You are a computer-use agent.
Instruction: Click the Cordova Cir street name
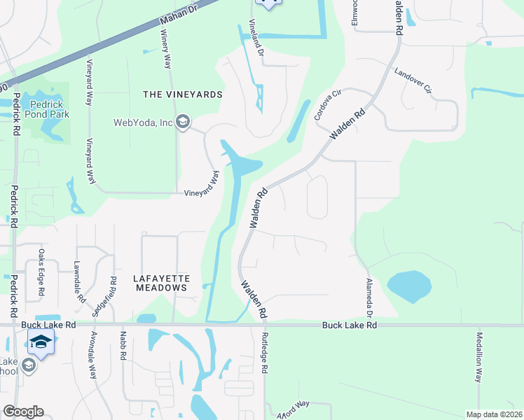[x=326, y=104]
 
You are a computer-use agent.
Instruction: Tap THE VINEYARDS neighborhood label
[x=182, y=94]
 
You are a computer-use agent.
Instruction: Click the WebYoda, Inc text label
[x=143, y=122]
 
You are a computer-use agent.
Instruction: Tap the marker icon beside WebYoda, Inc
[x=183, y=123]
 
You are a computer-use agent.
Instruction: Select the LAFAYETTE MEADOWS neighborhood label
[x=160, y=283]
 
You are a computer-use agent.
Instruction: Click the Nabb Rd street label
[x=123, y=346]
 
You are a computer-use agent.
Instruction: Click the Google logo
[x=23, y=412]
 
